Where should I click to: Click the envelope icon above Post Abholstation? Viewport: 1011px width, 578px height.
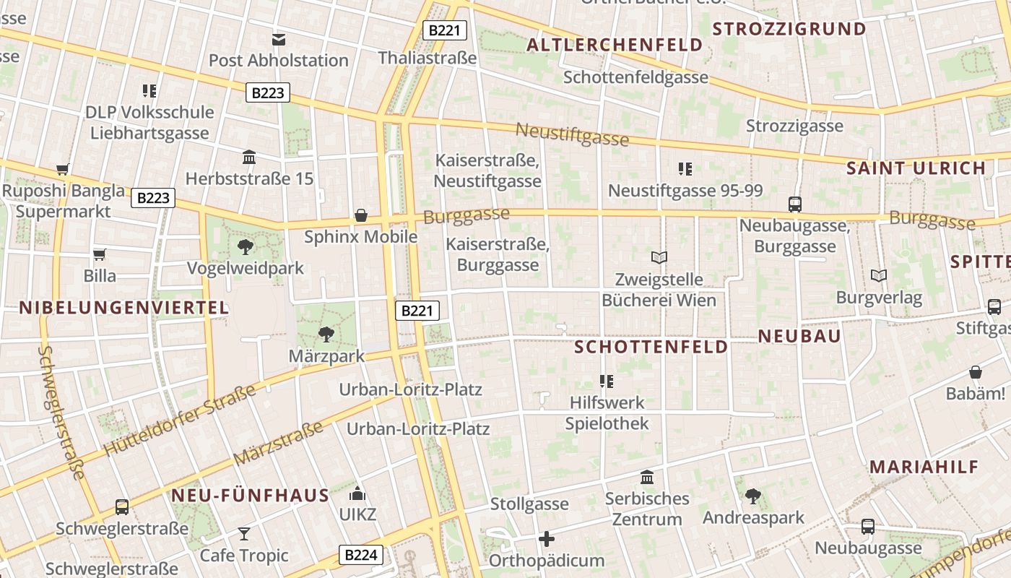coord(279,40)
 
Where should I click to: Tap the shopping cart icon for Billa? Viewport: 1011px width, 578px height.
coord(100,254)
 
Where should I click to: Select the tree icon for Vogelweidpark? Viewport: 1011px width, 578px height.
coord(246,247)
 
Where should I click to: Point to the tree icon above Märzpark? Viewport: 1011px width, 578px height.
coord(326,334)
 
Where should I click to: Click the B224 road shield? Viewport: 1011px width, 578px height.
coord(360,555)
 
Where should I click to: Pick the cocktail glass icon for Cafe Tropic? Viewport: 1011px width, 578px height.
coord(244,534)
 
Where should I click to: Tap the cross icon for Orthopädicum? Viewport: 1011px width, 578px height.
coord(547,539)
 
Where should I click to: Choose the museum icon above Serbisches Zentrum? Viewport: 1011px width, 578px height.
coord(647,478)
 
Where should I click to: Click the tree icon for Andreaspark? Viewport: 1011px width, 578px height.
coord(753,496)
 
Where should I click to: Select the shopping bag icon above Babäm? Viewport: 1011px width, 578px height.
coord(976,373)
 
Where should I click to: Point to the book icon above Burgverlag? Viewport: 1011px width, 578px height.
coord(879,276)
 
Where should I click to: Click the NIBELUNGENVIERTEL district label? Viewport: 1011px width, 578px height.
coord(123,308)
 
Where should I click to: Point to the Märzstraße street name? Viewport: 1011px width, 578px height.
coord(278,444)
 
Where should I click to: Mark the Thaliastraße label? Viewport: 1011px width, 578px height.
coord(428,58)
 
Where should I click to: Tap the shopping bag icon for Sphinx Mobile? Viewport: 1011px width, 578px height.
coord(361,215)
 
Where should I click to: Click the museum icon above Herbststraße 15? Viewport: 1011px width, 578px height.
coord(250,157)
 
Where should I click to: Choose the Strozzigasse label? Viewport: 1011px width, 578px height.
coord(794,126)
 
